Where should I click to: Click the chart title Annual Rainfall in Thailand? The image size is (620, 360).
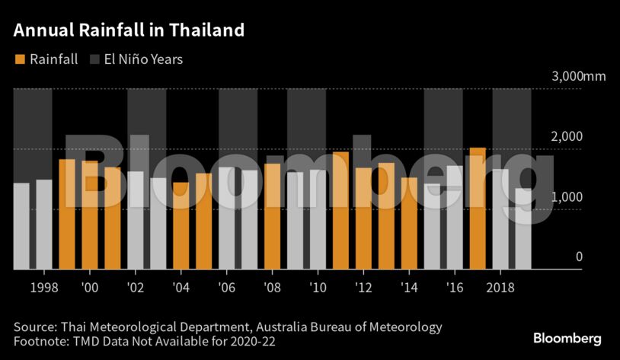point(129,30)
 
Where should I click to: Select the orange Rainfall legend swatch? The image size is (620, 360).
point(20,59)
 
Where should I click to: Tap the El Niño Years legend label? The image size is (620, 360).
point(142,59)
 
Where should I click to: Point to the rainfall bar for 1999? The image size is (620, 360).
point(66,214)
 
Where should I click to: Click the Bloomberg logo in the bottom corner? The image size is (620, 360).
point(567,338)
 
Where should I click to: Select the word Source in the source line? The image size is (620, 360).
point(33,327)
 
